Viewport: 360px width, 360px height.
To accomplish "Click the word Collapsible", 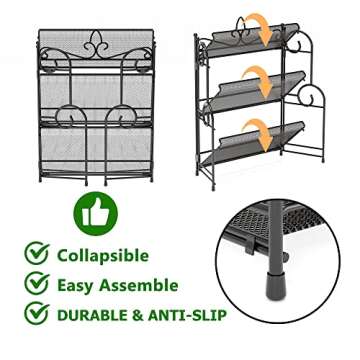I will click(x=104, y=255).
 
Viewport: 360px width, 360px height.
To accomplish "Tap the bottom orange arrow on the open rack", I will click(x=260, y=130).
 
